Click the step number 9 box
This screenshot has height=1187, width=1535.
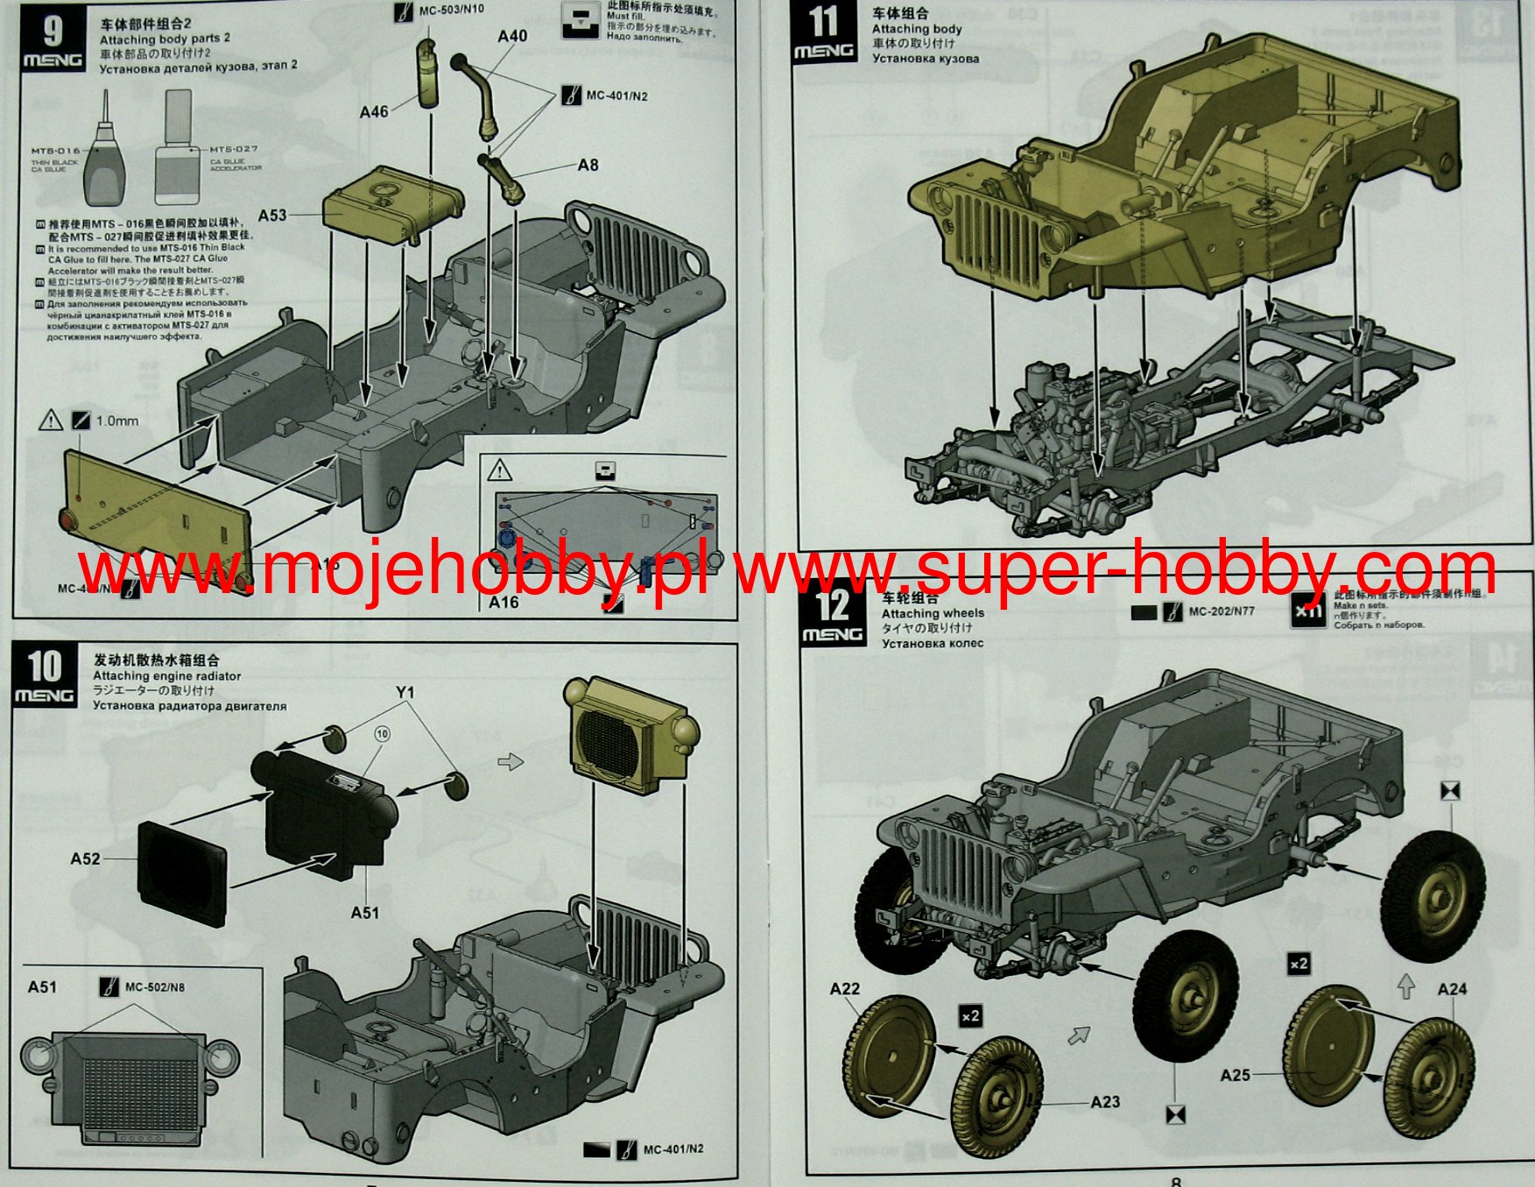coord(52,41)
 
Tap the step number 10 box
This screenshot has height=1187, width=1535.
coord(44,676)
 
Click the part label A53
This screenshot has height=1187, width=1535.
coord(272,215)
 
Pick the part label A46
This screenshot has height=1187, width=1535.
coord(374,112)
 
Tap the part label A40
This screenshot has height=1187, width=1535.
coord(512,36)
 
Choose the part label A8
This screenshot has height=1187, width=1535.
coord(588,165)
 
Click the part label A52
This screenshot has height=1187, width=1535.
coord(85,858)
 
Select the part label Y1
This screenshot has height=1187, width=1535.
coord(405,692)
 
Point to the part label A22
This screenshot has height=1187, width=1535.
coord(845,989)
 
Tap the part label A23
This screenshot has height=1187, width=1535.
coord(1105,1102)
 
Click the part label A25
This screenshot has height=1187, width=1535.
coord(1235,1075)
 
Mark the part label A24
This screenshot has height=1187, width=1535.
coord(1452,989)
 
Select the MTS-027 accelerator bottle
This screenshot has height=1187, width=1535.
coord(178,153)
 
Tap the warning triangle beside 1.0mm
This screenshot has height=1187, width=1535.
coord(51,421)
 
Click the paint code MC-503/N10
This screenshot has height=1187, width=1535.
coord(451,10)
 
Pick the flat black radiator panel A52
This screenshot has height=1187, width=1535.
coord(182,873)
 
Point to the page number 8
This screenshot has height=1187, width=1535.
coord(1176,1181)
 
